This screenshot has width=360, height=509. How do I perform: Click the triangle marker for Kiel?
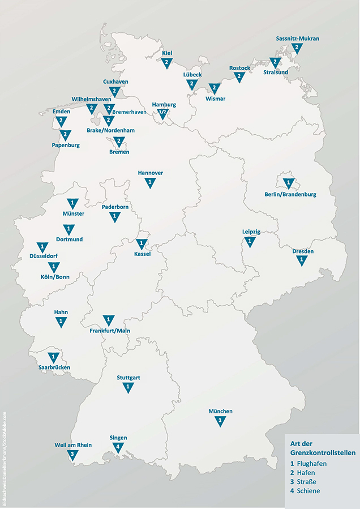(166, 63)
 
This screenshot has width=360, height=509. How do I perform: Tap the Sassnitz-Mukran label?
(298, 39)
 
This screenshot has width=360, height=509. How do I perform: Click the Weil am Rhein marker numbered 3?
(72, 455)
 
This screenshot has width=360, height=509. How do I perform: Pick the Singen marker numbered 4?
(118, 447)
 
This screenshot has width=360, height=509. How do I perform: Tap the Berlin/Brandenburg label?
(290, 194)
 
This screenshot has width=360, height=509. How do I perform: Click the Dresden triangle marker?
(302, 260)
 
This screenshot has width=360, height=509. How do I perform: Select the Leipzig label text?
(251, 232)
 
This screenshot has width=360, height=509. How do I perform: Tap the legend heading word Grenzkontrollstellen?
(320, 453)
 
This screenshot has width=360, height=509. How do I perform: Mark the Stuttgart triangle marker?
(128, 387)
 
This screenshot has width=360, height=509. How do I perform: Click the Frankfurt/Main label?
(110, 330)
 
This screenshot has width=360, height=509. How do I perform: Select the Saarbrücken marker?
(53, 358)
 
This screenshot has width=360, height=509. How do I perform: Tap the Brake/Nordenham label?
(110, 130)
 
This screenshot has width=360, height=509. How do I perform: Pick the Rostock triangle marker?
(239, 78)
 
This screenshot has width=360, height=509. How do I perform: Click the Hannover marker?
(150, 183)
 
